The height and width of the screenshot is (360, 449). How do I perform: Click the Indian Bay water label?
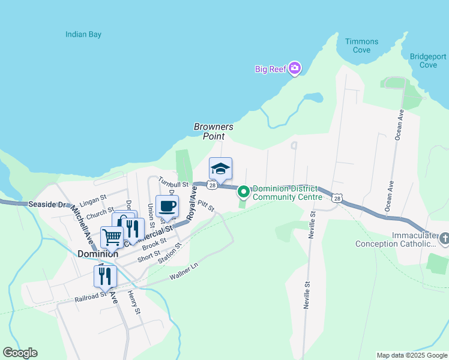[x=83, y=34]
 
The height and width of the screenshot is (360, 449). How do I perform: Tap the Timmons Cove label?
[x=362, y=46]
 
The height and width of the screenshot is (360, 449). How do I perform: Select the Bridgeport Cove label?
[x=427, y=61]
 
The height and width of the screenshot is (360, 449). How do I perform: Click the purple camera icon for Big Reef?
[x=294, y=68]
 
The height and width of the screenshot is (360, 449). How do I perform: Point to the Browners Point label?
[x=213, y=131]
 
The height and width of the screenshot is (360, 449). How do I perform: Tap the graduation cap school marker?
[x=220, y=169]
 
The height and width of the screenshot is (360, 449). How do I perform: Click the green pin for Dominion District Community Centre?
[x=244, y=192]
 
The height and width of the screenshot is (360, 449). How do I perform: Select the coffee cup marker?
[x=167, y=206]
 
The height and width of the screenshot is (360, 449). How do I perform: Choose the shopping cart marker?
[x=112, y=237]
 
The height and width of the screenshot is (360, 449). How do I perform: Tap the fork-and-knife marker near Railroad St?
[x=105, y=277]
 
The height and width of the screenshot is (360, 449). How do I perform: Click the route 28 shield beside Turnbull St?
[x=212, y=185]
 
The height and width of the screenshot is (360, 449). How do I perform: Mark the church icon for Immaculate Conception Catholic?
[x=444, y=239]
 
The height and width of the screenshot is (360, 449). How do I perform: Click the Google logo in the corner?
[x=20, y=353]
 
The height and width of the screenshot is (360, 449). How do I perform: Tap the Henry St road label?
[x=134, y=303]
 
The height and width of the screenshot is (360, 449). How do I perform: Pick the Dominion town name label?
[x=97, y=254]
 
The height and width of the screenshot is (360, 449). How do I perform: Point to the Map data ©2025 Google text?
[x=411, y=355]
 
